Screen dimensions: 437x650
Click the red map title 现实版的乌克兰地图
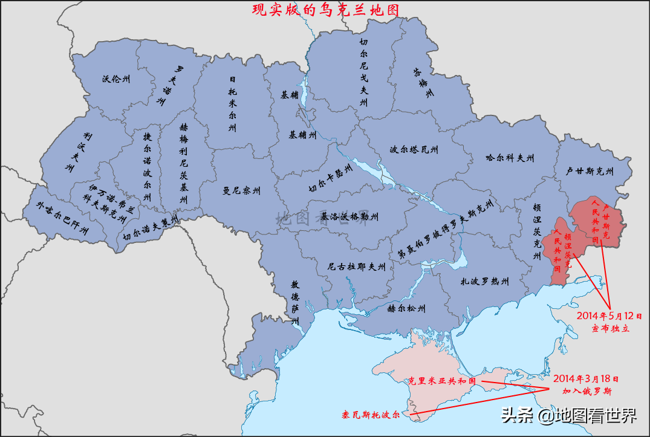coord(326,10)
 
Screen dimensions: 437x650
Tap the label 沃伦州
coord(115,79)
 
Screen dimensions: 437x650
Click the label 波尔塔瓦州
coord(414,149)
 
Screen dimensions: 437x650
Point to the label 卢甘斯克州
coord(590,172)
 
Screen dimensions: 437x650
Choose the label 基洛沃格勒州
coord(349,216)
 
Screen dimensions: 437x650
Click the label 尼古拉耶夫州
coord(356,266)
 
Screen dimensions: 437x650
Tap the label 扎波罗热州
coord(484,281)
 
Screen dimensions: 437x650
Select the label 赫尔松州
coord(407,308)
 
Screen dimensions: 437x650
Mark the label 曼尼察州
coord(241,191)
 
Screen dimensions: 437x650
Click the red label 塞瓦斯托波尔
coord(371,415)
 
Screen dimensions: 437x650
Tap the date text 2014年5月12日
coord(609,316)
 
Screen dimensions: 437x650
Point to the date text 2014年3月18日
coord(586,379)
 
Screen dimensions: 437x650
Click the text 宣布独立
coord(610,328)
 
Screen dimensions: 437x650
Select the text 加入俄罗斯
coord(586,391)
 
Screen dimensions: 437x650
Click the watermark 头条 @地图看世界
coord(568,415)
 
